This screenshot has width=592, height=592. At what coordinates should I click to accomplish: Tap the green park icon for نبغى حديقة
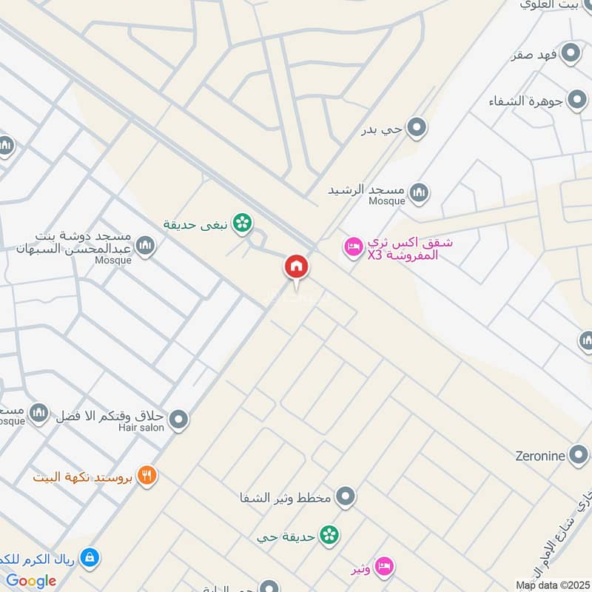[x=240, y=222]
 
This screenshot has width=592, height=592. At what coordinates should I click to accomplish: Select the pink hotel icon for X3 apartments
[x=353, y=246]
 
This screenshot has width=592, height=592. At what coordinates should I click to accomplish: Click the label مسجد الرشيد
[x=367, y=189]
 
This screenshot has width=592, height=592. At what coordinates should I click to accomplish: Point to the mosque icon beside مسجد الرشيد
[x=419, y=194]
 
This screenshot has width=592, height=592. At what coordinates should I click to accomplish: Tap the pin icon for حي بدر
[x=417, y=129]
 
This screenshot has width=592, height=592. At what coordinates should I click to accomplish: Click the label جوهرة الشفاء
[x=526, y=101]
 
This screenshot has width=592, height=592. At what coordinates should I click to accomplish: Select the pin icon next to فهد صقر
[x=570, y=53]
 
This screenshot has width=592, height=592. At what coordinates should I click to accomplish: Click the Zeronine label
[x=540, y=455]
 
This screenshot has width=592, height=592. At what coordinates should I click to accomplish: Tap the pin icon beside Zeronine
[x=579, y=455]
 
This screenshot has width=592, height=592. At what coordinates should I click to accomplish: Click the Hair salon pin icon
[x=178, y=421]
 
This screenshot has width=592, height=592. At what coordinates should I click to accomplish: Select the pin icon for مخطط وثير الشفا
[x=345, y=497]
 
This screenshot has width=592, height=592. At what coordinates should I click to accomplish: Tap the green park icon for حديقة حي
[x=329, y=535]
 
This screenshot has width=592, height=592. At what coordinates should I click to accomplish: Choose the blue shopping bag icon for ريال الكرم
[x=90, y=558]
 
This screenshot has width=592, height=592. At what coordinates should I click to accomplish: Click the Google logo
[x=31, y=581]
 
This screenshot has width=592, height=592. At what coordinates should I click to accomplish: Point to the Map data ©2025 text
[x=551, y=585]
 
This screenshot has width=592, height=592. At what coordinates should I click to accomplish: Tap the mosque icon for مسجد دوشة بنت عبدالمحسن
[x=146, y=246]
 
